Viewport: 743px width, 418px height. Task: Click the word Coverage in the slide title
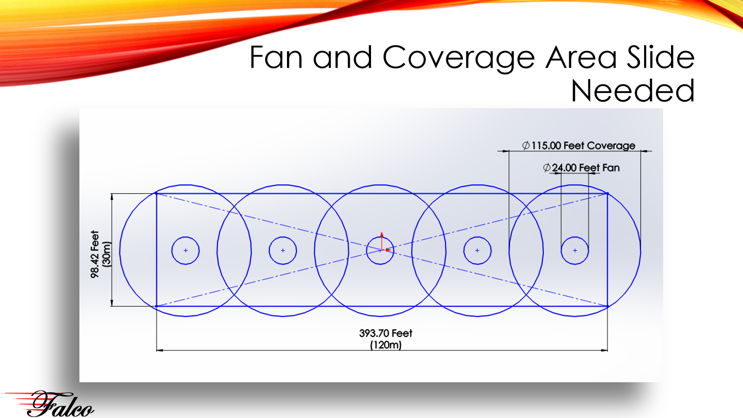(x=458, y=59)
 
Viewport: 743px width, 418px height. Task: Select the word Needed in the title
(x=632, y=90)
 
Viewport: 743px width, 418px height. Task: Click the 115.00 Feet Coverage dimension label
(x=579, y=145)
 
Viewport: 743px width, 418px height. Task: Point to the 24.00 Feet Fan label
(x=581, y=168)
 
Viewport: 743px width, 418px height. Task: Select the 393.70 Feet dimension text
(x=385, y=333)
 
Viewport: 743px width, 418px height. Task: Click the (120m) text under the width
(x=386, y=345)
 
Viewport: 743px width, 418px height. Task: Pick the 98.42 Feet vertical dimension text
(x=95, y=254)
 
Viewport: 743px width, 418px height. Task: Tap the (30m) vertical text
(x=107, y=254)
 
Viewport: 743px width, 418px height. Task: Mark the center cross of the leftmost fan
(x=186, y=250)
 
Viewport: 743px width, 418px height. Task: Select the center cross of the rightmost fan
(x=575, y=250)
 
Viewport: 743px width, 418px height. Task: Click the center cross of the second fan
(x=283, y=250)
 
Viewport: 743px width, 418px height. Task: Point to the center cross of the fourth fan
(x=477, y=250)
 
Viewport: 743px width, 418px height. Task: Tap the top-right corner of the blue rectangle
(x=607, y=193)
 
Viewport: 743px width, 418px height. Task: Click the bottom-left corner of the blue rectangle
(x=156, y=306)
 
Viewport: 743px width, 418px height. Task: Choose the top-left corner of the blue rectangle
(x=156, y=193)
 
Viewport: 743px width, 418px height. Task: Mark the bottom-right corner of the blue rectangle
(x=607, y=306)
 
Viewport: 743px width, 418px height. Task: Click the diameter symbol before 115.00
(x=526, y=145)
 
